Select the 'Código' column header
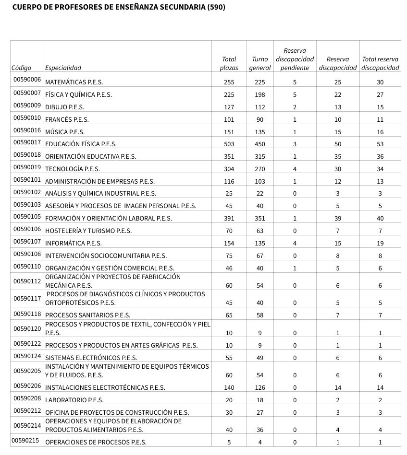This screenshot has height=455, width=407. click(x=21, y=68)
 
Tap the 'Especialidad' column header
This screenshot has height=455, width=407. click(x=63, y=68)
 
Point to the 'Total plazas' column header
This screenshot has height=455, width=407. click(x=229, y=63)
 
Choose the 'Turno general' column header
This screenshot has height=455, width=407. click(x=260, y=63)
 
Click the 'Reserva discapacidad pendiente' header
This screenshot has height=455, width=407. click(x=295, y=59)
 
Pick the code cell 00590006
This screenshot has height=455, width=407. click(x=27, y=80)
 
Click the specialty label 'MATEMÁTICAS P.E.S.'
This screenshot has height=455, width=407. click(x=74, y=82)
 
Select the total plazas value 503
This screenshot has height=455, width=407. click(x=229, y=144)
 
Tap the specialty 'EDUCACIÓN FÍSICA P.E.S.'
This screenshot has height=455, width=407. click(x=81, y=144)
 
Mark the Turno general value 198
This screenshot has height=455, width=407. click(x=260, y=95)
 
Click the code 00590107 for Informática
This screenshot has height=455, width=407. click(x=27, y=241)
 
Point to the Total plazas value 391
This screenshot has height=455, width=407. click(x=229, y=219)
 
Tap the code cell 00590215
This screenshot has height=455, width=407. click(x=26, y=440)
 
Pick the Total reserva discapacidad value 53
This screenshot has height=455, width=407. click(x=380, y=144)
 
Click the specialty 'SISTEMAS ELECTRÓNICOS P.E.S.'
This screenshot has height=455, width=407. click(x=91, y=358)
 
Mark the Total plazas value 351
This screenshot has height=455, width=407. click(x=229, y=156)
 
